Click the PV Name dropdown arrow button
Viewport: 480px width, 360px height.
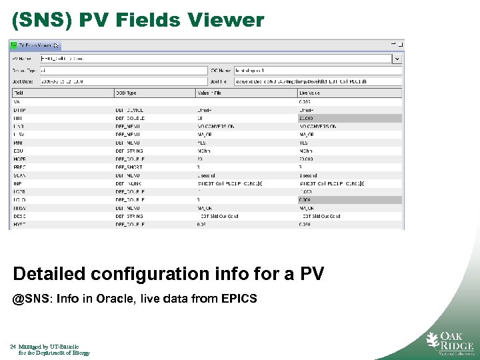click(x=397, y=59)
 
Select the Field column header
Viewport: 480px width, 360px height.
click(x=19, y=93)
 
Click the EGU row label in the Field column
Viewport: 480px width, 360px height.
click(x=18, y=151)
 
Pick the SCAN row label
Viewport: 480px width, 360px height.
click(x=19, y=175)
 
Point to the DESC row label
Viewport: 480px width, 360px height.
click(x=19, y=216)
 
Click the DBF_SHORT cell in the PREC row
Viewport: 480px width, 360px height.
click(x=129, y=167)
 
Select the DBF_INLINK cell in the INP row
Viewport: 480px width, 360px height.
click(x=129, y=183)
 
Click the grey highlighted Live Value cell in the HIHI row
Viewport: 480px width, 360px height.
click(x=350, y=117)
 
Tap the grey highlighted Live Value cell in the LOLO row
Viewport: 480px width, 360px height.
click(x=350, y=199)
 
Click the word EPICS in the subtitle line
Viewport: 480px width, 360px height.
click(x=236, y=299)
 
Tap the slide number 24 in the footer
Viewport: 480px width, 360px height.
click(x=13, y=347)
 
